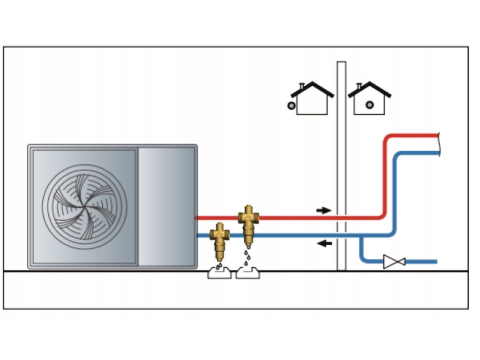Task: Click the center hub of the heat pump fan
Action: pyautogui.click(x=85, y=206)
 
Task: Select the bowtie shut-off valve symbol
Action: pyautogui.click(x=394, y=262)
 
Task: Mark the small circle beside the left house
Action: pyautogui.click(x=292, y=106)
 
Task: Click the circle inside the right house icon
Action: pyautogui.click(x=370, y=105)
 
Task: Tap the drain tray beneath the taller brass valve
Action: pyautogui.click(x=247, y=273)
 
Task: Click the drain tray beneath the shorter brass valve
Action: pyautogui.click(x=219, y=273)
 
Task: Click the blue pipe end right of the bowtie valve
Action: pyautogui.click(x=434, y=262)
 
